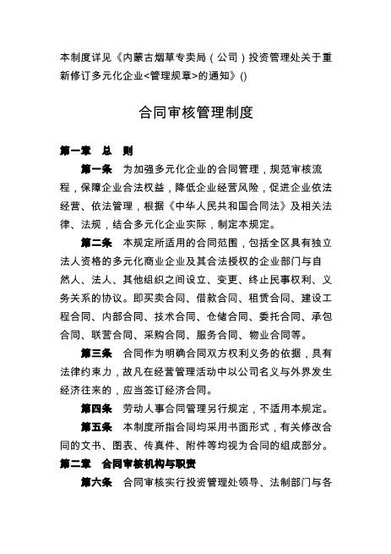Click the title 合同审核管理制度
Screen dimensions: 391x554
click(195, 112)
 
